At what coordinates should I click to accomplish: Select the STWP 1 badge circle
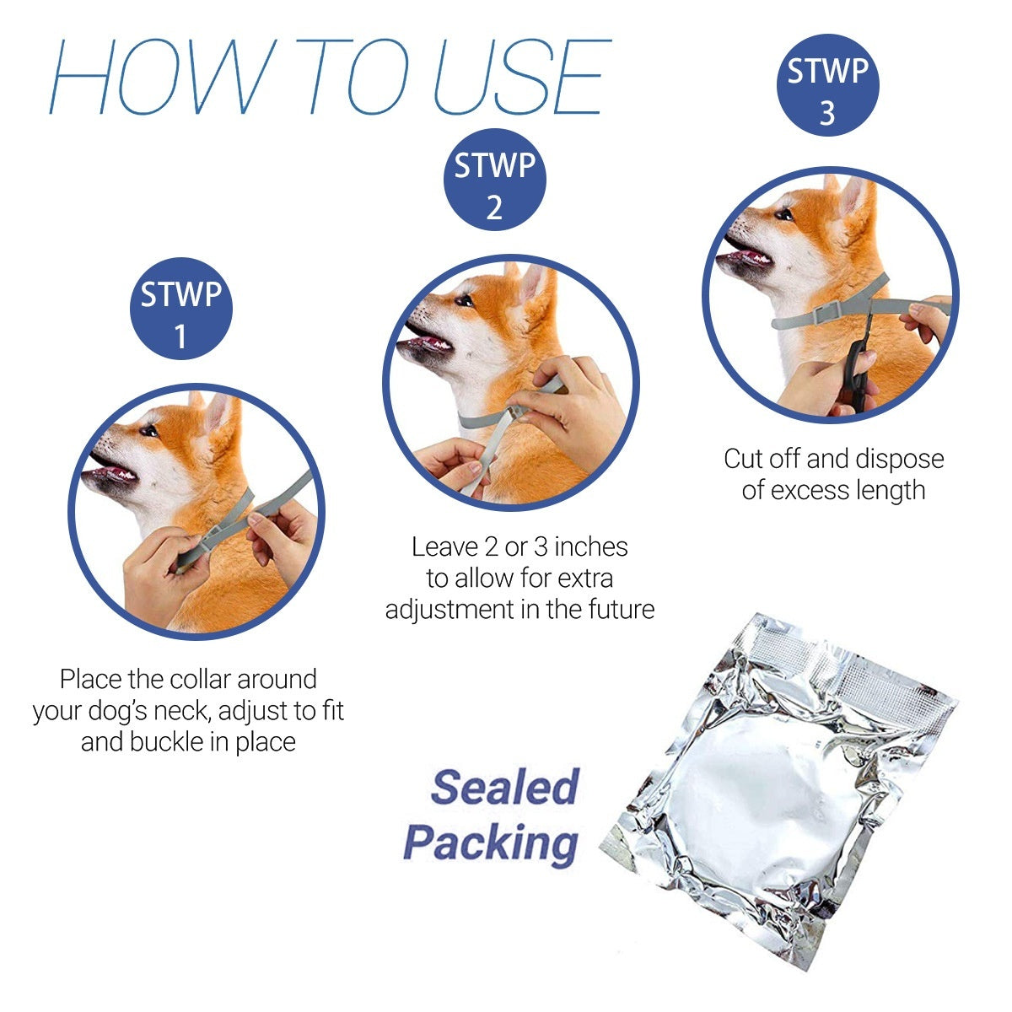click(180, 310)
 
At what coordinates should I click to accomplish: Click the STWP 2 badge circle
click(495, 180)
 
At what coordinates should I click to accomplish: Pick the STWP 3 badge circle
click(827, 85)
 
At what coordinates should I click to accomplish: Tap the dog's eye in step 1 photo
click(148, 431)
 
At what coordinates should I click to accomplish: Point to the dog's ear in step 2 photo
click(533, 284)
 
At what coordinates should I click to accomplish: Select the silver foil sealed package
click(780, 789)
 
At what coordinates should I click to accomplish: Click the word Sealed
click(504, 787)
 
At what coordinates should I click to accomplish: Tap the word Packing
click(492, 842)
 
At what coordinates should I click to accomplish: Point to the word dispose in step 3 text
click(899, 459)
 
